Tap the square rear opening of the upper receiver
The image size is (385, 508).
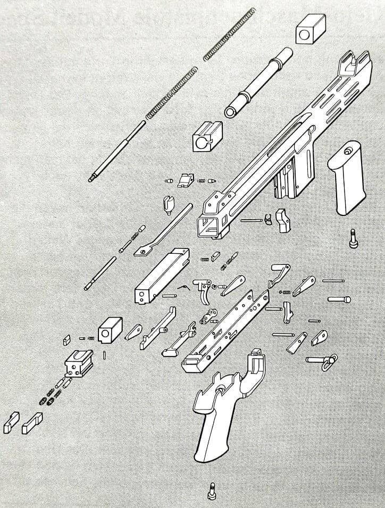click(x=207, y=226)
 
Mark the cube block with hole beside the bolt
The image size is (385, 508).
click(x=110, y=331)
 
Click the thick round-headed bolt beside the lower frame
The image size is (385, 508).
click(x=339, y=299)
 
